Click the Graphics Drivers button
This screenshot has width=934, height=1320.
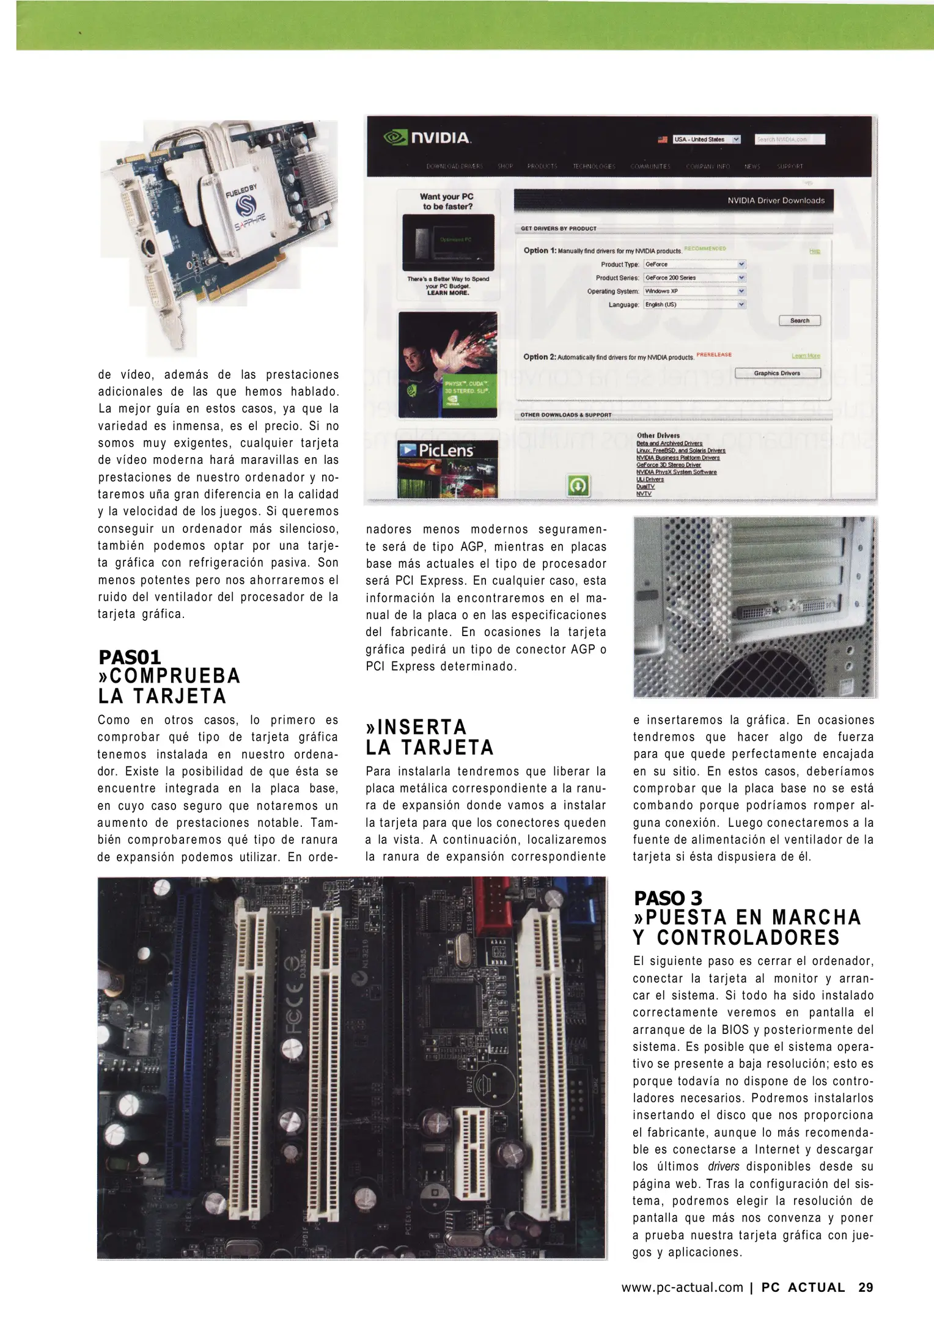(x=777, y=373)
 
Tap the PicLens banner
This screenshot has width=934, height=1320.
(x=447, y=468)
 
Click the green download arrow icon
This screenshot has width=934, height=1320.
(x=578, y=486)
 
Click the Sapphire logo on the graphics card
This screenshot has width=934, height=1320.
(x=246, y=208)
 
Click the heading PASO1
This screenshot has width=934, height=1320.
(x=130, y=658)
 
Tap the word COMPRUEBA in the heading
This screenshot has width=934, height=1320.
(x=175, y=676)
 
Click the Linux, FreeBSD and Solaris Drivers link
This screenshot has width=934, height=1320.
(x=680, y=450)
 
